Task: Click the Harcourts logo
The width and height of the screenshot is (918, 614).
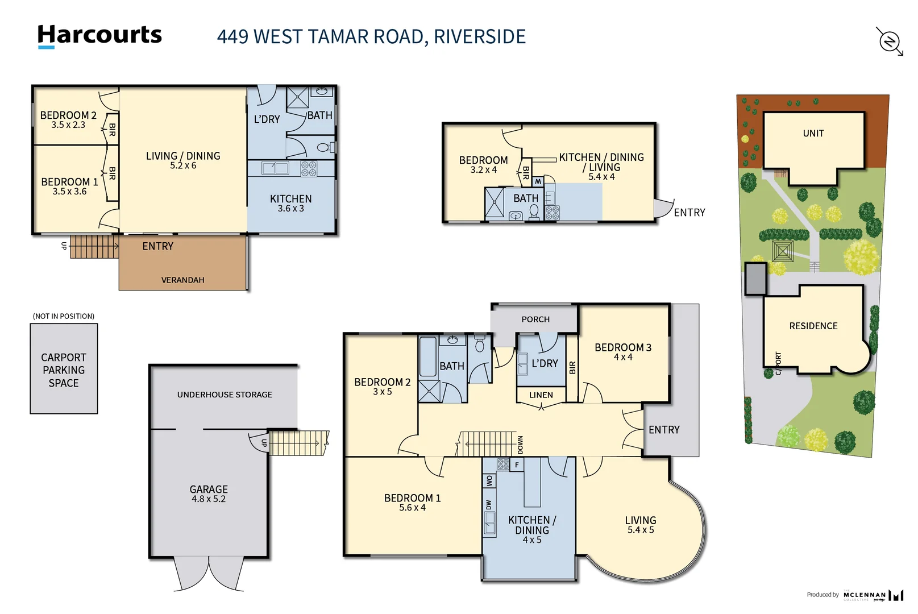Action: click(99, 35)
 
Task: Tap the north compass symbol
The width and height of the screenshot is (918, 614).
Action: click(890, 42)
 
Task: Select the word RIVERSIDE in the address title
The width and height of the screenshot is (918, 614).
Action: click(479, 36)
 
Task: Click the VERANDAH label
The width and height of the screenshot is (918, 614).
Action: click(182, 280)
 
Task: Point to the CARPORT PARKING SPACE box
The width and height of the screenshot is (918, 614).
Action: click(64, 369)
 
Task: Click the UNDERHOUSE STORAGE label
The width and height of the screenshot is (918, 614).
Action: click(225, 395)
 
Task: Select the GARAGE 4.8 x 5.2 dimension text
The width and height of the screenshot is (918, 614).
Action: click(209, 499)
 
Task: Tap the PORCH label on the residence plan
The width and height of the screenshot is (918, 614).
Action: click(535, 320)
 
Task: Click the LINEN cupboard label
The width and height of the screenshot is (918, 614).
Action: click(541, 395)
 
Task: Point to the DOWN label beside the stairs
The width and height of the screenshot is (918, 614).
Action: click(520, 445)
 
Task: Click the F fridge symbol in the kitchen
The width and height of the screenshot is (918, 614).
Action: click(517, 465)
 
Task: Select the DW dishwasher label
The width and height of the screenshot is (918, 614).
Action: click(489, 504)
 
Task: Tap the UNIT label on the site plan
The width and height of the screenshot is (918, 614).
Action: click(813, 134)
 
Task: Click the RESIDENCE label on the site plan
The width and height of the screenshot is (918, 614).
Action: click(813, 326)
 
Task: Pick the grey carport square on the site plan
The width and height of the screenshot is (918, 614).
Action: click(755, 279)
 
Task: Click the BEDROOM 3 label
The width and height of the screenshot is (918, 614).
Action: click(623, 347)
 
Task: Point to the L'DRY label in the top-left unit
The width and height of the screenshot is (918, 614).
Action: click(267, 119)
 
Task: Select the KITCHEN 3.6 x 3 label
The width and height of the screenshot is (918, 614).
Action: click(290, 204)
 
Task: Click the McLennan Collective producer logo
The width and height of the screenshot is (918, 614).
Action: click(873, 595)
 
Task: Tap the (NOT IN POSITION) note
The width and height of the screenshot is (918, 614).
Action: click(64, 316)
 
